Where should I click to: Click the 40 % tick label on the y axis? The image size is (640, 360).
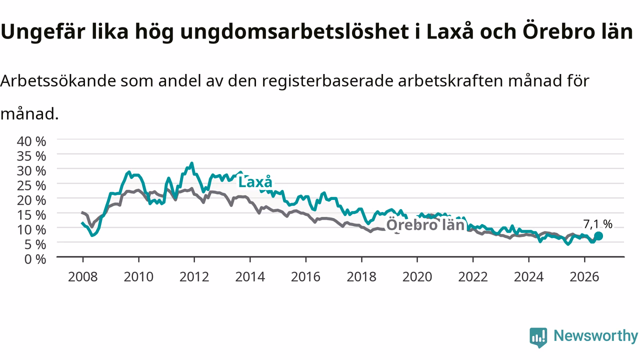click(x=31, y=141)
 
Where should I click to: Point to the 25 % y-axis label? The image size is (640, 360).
click(x=31, y=185)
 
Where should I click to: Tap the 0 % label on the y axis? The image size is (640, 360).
click(x=35, y=259)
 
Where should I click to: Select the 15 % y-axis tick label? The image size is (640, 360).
click(x=31, y=215)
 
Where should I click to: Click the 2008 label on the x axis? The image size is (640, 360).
click(x=83, y=277)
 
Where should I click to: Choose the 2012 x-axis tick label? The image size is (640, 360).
click(x=194, y=277)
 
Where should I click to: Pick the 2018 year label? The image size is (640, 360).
click(x=361, y=277)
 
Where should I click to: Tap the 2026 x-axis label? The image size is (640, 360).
click(x=584, y=277)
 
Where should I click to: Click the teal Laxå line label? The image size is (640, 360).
click(x=255, y=182)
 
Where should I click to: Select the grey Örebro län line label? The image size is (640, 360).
click(x=425, y=225)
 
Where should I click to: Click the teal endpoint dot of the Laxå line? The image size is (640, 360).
click(x=598, y=236)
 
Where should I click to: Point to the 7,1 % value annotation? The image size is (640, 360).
click(x=597, y=224)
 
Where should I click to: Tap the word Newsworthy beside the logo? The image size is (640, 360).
click(x=595, y=335)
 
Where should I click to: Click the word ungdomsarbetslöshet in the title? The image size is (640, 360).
click(x=294, y=32)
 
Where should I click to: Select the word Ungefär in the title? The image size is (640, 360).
click(x=43, y=32)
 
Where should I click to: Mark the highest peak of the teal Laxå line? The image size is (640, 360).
click(x=191, y=163)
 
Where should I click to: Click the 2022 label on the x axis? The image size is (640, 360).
click(x=473, y=277)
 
